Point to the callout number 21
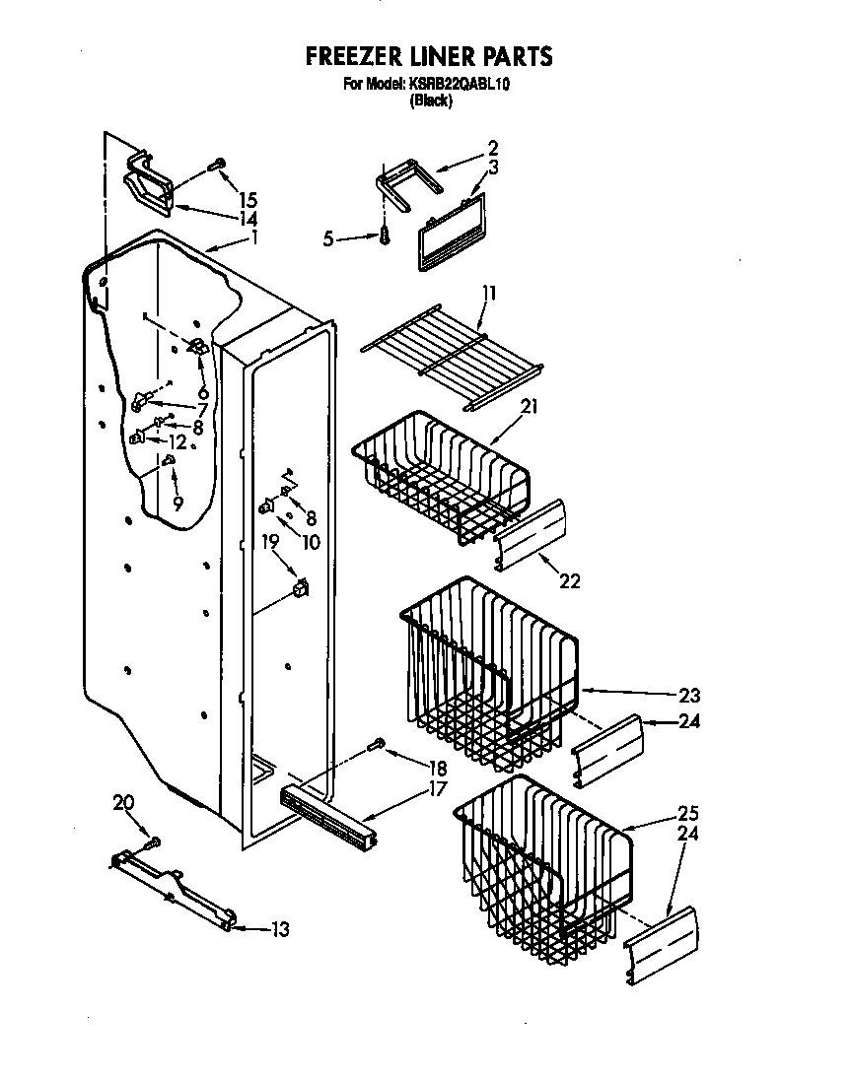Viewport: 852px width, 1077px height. [530, 405]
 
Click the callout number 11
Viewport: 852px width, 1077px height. [490, 293]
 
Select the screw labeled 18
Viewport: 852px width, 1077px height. [377, 747]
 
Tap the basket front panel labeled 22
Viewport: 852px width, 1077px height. [533, 536]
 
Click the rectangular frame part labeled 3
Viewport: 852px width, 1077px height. [452, 231]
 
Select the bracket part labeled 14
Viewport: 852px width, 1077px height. [148, 184]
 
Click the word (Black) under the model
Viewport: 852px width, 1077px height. [431, 101]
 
